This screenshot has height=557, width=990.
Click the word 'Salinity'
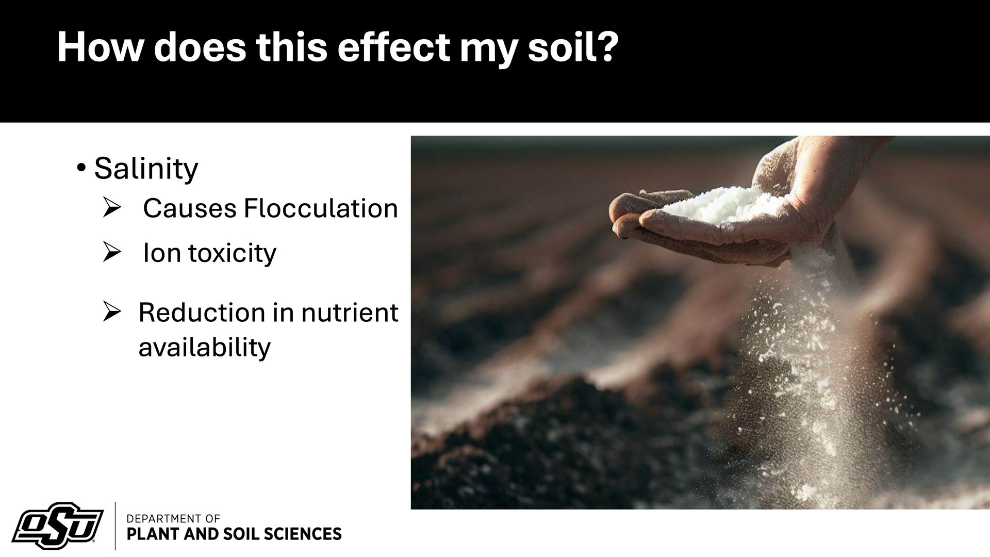146,168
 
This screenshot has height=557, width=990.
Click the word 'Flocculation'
321,209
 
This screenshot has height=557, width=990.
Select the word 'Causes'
190,209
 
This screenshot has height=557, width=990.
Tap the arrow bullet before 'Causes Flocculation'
111,208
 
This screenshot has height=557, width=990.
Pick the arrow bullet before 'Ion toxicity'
111,252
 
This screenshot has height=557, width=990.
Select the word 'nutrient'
350,313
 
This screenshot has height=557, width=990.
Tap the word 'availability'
205,347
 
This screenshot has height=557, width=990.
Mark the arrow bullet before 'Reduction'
111,312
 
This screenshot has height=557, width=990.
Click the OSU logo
57,526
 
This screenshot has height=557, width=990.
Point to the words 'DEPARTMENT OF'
173,518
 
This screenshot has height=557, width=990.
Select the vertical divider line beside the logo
114,526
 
